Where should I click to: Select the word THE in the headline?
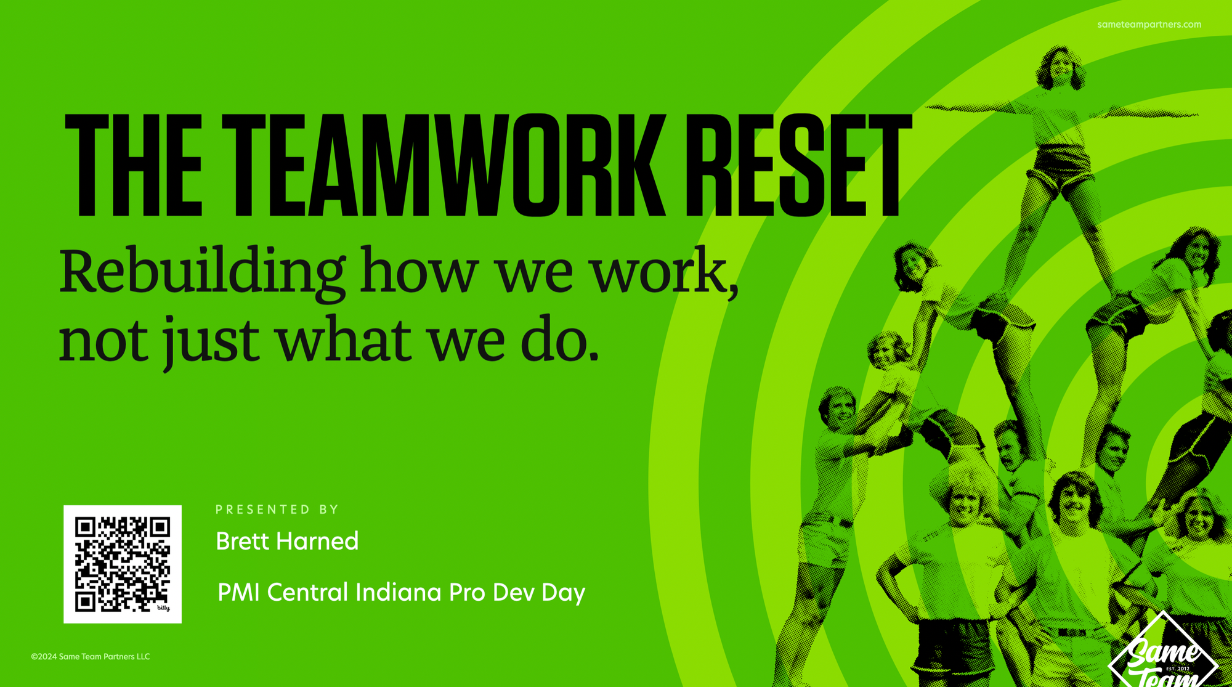(134, 165)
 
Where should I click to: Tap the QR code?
(123, 564)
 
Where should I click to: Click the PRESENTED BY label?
(277, 510)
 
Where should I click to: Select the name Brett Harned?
(287, 541)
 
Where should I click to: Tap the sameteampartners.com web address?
(1149, 25)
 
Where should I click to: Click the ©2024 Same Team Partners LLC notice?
(91, 657)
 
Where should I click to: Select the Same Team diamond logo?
(1163, 653)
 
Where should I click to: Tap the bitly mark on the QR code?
(163, 608)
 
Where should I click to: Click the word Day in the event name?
(563, 593)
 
